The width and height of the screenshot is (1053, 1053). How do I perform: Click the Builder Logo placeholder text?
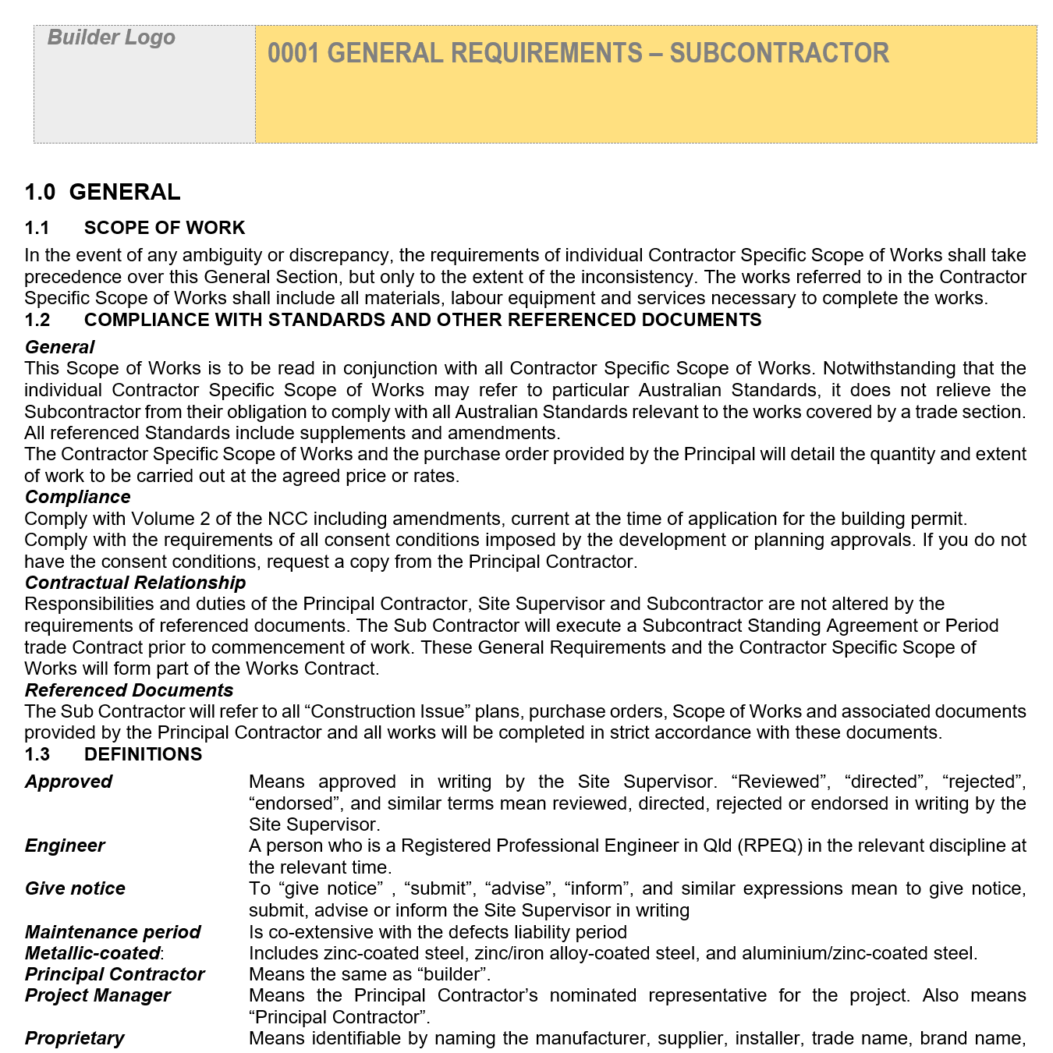(x=112, y=37)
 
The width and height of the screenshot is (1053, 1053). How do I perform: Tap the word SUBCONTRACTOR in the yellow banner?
(x=779, y=53)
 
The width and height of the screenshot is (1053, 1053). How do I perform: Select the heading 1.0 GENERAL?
(x=102, y=191)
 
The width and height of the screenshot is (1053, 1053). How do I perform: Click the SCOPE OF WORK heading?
(x=165, y=228)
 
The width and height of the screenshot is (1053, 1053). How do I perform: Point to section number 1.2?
(x=37, y=320)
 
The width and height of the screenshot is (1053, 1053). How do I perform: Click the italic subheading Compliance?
(x=77, y=497)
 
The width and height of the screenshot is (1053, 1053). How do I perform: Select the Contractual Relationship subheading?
(x=135, y=583)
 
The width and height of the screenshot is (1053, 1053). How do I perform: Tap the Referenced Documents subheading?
(x=129, y=690)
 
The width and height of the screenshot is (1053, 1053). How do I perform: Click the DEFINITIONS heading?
(x=143, y=754)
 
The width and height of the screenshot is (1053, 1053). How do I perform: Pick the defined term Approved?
(x=69, y=782)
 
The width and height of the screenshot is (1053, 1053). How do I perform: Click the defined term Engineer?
(x=65, y=846)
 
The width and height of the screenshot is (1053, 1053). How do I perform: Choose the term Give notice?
(x=75, y=888)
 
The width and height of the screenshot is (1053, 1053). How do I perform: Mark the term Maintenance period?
(x=112, y=932)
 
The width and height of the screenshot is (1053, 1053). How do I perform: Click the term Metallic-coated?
(x=93, y=953)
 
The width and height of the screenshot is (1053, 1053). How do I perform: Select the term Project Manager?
(x=97, y=995)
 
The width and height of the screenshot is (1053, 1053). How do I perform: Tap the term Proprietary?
(x=74, y=1038)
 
